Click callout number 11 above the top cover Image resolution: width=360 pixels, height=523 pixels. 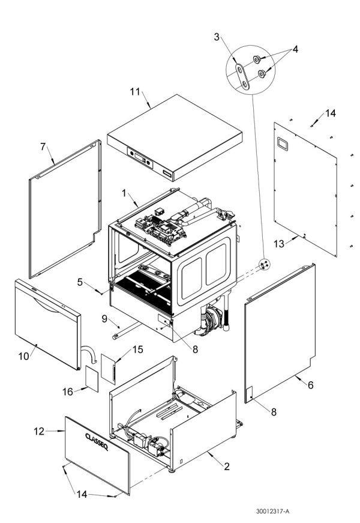[x=135, y=91]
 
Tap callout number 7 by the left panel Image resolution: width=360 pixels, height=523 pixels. [x=43, y=147]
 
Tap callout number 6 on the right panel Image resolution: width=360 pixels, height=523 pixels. [x=310, y=385]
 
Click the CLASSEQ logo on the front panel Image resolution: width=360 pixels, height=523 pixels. [x=96, y=437]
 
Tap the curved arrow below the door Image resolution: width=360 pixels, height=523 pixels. [x=87, y=354]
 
